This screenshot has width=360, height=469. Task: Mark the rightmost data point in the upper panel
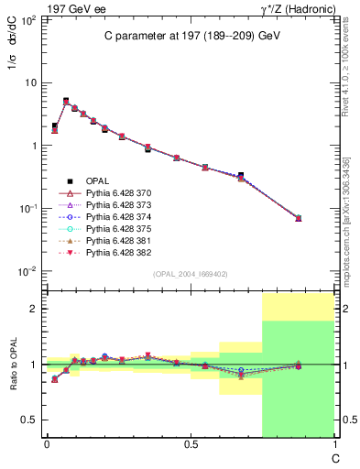point(298,218)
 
